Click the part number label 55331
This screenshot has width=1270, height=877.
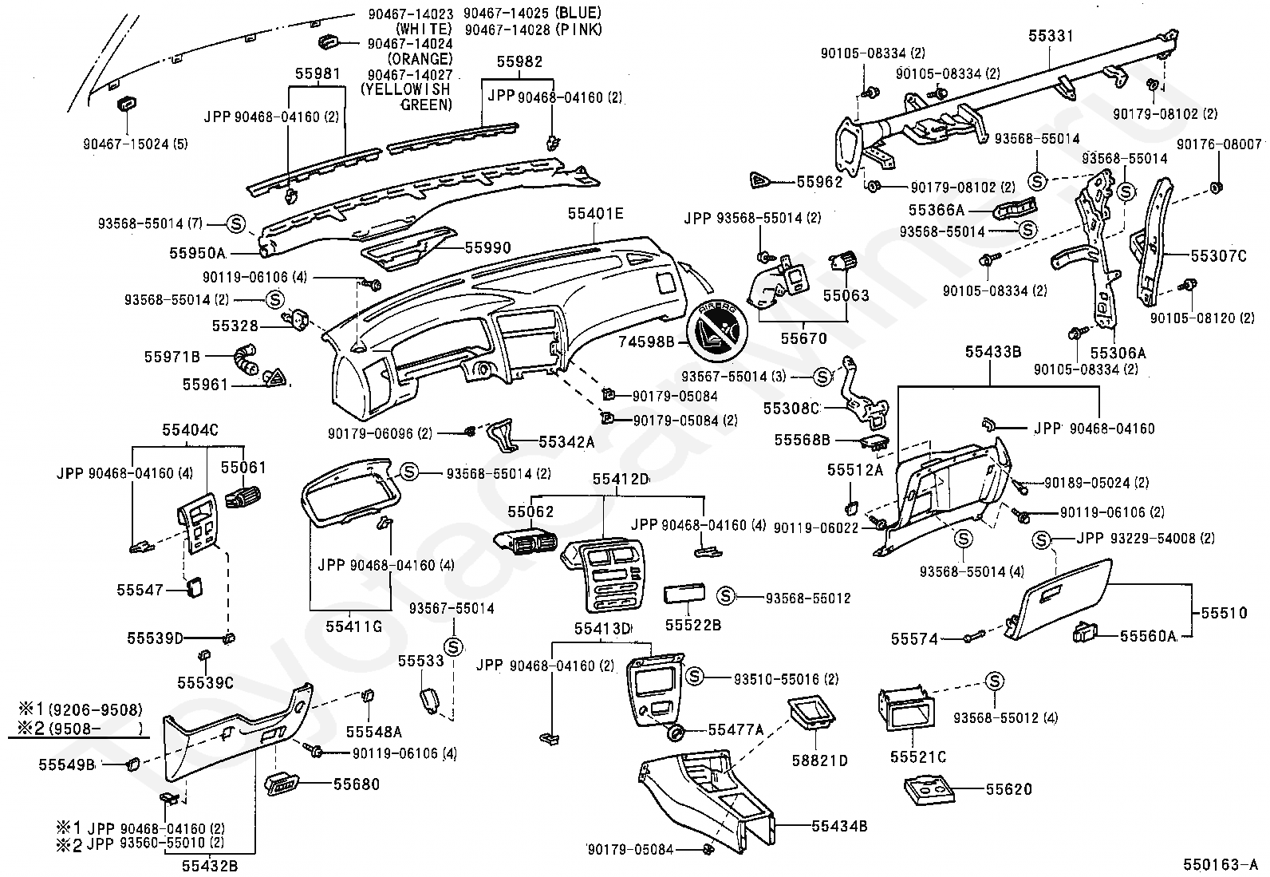pyautogui.click(x=1051, y=36)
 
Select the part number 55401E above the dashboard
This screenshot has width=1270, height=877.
pyautogui.click(x=595, y=213)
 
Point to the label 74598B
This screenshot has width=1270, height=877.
pyautogui.click(x=646, y=342)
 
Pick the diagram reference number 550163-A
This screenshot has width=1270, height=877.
pyautogui.click(x=1224, y=864)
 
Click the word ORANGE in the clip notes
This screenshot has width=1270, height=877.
pyautogui.click(x=420, y=59)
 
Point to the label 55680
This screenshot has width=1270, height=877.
pyautogui.click(x=356, y=784)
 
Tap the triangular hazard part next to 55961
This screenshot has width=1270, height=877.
pyautogui.click(x=276, y=377)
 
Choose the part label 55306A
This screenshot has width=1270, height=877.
pyautogui.click(x=1118, y=353)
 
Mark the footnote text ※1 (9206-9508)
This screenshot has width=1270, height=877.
pyautogui.click(x=81, y=709)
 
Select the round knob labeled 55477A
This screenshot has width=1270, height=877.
pyautogui.click(x=675, y=733)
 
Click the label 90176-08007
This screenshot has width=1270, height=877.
pyautogui.click(x=1219, y=144)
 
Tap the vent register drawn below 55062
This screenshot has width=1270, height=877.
pyautogui.click(x=524, y=542)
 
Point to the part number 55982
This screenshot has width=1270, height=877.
pyautogui.click(x=519, y=61)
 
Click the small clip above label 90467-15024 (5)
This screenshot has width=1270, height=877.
pyautogui.click(x=126, y=105)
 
